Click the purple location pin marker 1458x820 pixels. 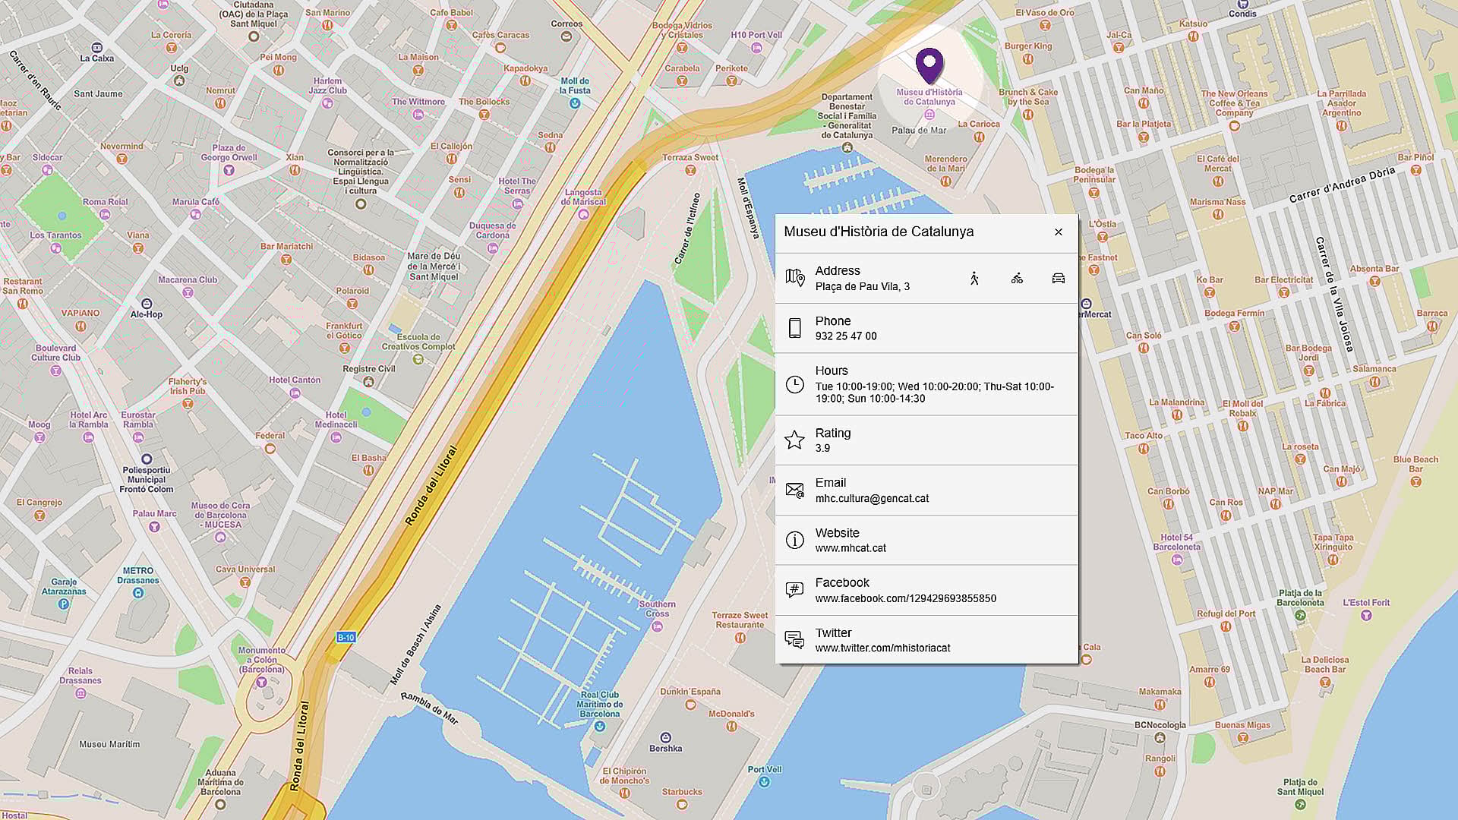pos(929,65)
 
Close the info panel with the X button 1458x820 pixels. pos(1058,232)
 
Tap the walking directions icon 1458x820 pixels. pos(974,279)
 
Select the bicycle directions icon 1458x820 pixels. pos(1017,279)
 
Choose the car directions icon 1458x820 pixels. pos(1058,279)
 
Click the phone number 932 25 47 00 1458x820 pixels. pos(845,336)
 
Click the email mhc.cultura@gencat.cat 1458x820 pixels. pos(872,499)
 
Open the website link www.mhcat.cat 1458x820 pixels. pos(850,548)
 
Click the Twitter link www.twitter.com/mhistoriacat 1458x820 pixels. pos(882,648)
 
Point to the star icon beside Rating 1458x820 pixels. pos(794,440)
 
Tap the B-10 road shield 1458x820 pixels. pos(346,638)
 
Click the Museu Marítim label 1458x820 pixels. pos(109,744)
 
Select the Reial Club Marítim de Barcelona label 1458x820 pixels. pos(599,704)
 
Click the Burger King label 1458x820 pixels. pos(1028,46)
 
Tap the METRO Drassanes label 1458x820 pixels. pos(138,576)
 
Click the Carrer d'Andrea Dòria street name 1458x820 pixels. pos(1341,184)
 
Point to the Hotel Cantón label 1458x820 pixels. pos(295,380)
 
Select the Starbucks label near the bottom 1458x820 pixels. pos(682,792)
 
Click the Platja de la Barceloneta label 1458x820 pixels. pos(1300,598)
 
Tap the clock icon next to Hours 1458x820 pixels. pos(794,384)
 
